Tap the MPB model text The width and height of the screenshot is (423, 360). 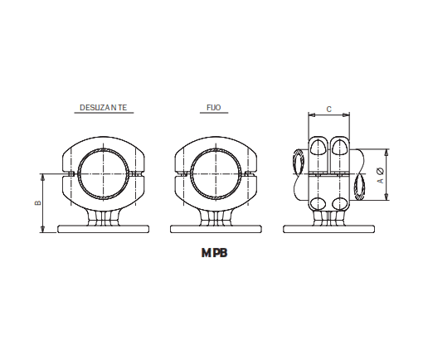pyautogui.click(x=214, y=255)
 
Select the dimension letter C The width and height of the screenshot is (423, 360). pyautogui.click(x=329, y=109)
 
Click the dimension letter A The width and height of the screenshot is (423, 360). pyautogui.click(x=379, y=179)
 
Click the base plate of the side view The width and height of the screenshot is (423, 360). pyautogui.click(x=329, y=229)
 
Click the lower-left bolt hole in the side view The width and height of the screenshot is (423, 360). pyautogui.click(x=318, y=204)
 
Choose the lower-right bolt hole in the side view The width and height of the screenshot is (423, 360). pyautogui.click(x=340, y=204)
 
